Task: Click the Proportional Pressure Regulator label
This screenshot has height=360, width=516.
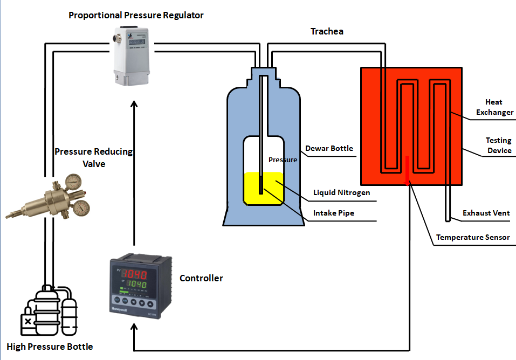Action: pyautogui.click(x=136, y=15)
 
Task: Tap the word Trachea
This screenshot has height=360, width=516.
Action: pyautogui.click(x=327, y=31)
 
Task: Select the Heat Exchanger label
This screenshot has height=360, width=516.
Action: pyautogui.click(x=493, y=107)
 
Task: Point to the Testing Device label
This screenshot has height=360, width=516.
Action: pyautogui.click(x=499, y=146)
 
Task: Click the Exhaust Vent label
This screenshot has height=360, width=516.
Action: pyautogui.click(x=486, y=213)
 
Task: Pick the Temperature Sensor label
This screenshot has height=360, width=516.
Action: pyautogui.click(x=473, y=237)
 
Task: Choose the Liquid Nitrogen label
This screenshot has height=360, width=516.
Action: pyautogui.click(x=341, y=192)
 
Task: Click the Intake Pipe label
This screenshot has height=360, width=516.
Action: pyautogui.click(x=334, y=213)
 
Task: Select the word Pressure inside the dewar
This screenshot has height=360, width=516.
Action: pyautogui.click(x=283, y=160)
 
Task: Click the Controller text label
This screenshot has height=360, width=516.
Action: pyautogui.click(x=201, y=278)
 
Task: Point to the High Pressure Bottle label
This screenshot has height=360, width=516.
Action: pyautogui.click(x=50, y=347)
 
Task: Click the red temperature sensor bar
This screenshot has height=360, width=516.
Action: pyautogui.click(x=407, y=170)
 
